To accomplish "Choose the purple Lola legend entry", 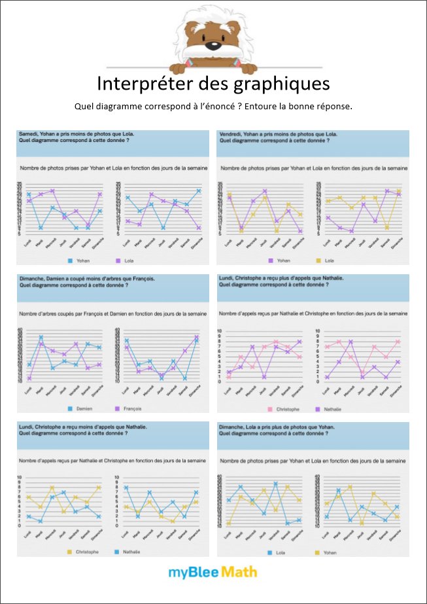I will click(x=131, y=260).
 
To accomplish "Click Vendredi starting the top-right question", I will click(x=230, y=134).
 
